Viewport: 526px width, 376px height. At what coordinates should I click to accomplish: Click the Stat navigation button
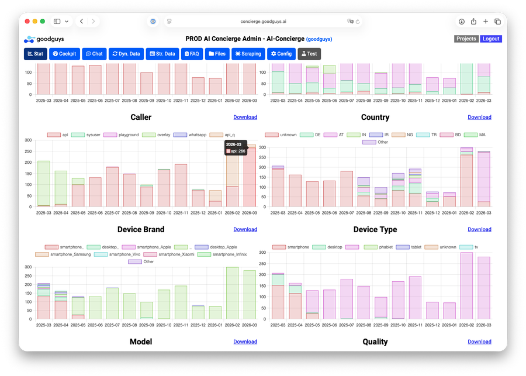[x=36, y=54]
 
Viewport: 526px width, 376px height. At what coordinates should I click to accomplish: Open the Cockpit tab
[x=65, y=54]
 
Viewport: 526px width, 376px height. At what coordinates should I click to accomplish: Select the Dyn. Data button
[x=126, y=54]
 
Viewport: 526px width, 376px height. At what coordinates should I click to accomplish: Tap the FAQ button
[x=192, y=54]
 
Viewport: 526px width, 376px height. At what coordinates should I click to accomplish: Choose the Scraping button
[x=248, y=54]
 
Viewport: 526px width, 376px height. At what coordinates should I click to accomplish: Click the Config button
[x=281, y=54]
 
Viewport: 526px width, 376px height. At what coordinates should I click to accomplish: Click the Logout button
[x=491, y=39]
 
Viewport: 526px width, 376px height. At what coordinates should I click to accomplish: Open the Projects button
[x=466, y=39]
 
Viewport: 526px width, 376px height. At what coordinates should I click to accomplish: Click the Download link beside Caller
[x=245, y=117]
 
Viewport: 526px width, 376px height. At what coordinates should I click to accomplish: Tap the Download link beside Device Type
[x=479, y=229]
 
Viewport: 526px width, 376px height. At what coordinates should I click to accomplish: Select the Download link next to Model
[x=245, y=341]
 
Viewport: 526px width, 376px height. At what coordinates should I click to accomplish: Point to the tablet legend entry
[x=409, y=247]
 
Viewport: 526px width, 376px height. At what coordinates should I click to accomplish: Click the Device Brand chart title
[x=141, y=229]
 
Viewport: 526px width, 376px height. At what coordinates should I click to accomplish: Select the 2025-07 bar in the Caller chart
[x=113, y=187]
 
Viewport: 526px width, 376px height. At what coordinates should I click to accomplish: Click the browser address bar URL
[x=263, y=21]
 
